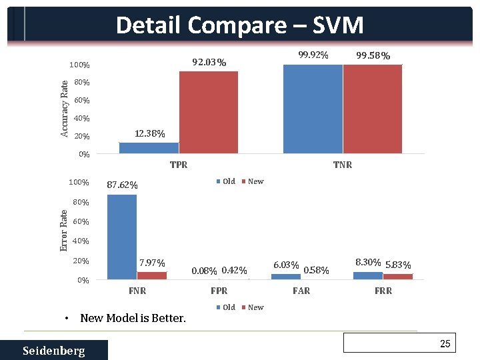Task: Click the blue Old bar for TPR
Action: point(149,148)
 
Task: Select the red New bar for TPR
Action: point(208,112)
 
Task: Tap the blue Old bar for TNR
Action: point(313,109)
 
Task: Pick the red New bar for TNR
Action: point(373,109)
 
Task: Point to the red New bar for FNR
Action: point(152,275)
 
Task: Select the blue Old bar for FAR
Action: point(286,276)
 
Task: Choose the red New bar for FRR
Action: point(398,276)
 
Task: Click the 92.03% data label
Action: point(209,63)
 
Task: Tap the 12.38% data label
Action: point(150,133)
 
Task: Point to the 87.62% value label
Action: point(123,185)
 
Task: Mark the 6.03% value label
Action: point(286,265)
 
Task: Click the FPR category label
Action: point(219,291)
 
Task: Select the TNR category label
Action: point(343,165)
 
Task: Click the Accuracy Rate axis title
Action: point(65,109)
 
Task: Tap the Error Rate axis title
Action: point(64,231)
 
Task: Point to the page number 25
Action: point(445,343)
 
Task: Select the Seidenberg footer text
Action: point(53,351)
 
